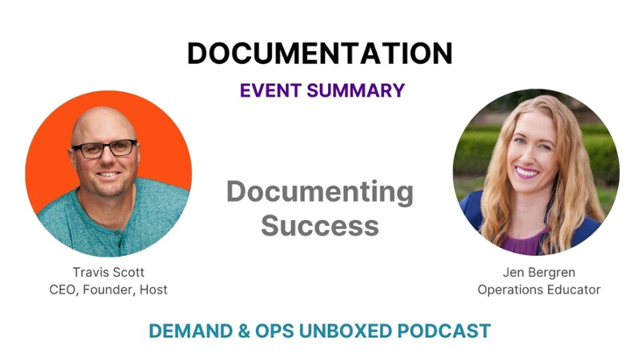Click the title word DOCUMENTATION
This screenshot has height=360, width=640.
[x=319, y=53]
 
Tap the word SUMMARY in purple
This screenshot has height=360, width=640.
[x=356, y=90]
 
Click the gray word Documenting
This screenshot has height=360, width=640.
[x=319, y=192]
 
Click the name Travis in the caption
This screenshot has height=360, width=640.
[x=88, y=272]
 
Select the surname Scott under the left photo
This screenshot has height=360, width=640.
[x=126, y=272]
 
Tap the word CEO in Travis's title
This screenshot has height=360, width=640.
[x=63, y=290]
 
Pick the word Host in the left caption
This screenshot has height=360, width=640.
[x=153, y=290]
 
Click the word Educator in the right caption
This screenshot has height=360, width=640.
[x=574, y=290]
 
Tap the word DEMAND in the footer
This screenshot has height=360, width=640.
[x=190, y=330]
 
